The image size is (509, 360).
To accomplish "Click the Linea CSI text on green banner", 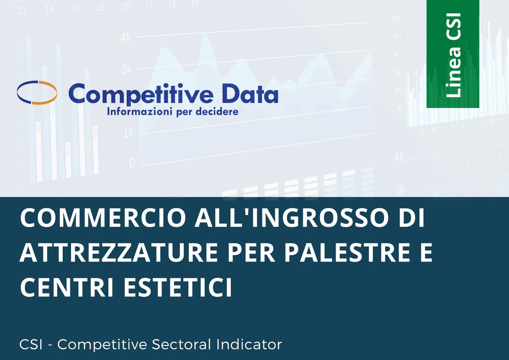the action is click(x=453, y=55).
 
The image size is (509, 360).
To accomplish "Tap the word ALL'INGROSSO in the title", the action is click(x=291, y=217).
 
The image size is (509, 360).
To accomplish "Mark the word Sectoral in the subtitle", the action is click(x=181, y=345).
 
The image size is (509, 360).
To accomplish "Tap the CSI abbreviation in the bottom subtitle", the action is click(x=31, y=345).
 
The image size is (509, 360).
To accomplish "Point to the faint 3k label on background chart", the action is click(x=126, y=69).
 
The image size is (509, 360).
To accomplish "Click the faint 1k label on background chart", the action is click(x=128, y=133).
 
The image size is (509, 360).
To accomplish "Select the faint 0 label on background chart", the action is click(x=132, y=163).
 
